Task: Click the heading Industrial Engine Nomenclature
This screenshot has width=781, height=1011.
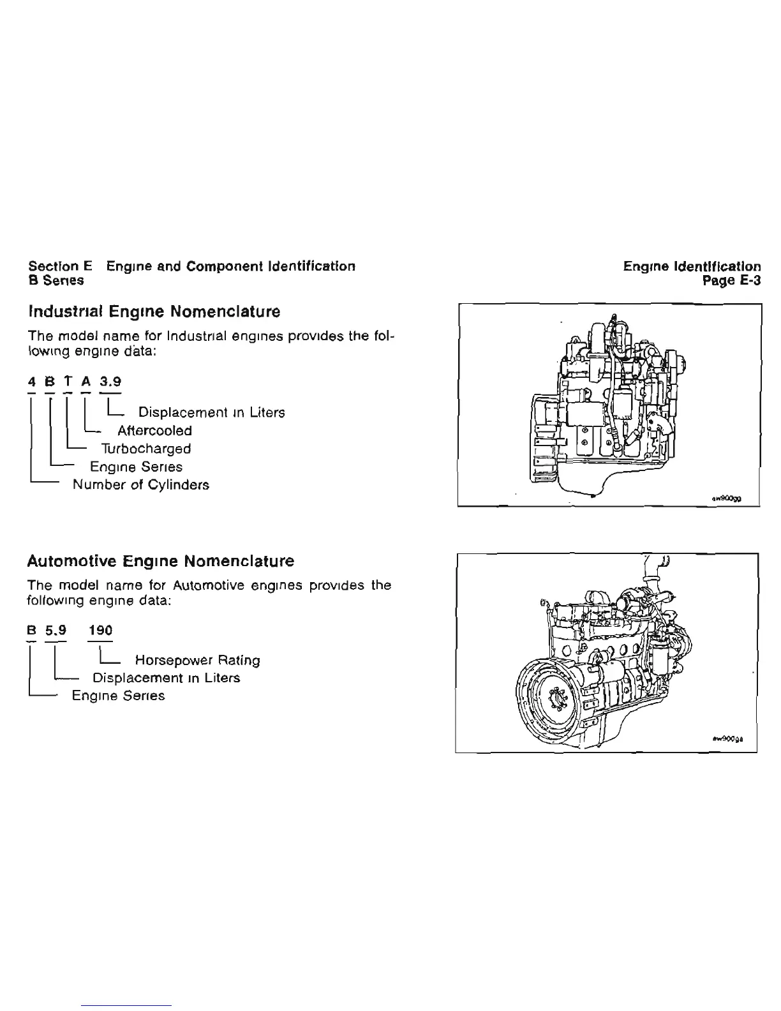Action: [x=154, y=312]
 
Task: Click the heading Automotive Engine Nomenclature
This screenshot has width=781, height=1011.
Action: [x=161, y=562]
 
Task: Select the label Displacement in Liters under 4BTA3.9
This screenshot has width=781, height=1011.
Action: [x=211, y=413]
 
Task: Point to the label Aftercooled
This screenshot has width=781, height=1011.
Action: [x=154, y=431]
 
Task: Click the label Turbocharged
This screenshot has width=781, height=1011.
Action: [x=146, y=449]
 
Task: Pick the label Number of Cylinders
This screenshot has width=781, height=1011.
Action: [x=141, y=485]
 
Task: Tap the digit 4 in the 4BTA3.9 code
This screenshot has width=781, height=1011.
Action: [x=31, y=382]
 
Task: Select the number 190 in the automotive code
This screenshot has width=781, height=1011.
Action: [x=101, y=631]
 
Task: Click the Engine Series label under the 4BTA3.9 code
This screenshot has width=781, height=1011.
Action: [x=136, y=467]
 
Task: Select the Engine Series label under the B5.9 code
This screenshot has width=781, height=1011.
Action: [x=118, y=696]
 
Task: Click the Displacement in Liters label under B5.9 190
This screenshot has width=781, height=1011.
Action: [x=166, y=678]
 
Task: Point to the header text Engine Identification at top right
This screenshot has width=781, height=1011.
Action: [x=692, y=266]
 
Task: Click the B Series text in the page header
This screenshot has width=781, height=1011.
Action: [x=56, y=280]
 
